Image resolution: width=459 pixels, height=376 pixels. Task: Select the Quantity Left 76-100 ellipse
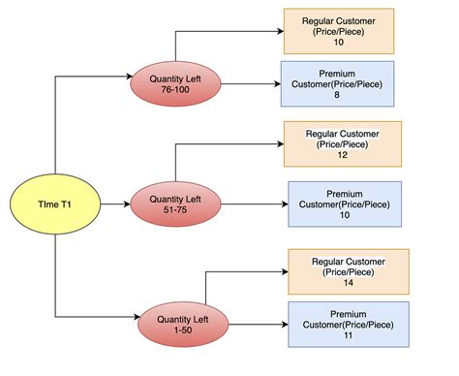pyautogui.click(x=175, y=83)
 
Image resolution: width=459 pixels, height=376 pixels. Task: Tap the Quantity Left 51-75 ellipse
pyautogui.click(x=175, y=204)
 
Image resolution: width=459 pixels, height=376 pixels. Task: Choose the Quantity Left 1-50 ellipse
pyautogui.click(x=182, y=323)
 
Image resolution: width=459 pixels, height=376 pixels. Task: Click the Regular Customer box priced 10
pyautogui.click(x=339, y=31)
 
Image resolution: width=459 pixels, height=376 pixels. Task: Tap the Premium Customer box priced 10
pyautogui.click(x=344, y=204)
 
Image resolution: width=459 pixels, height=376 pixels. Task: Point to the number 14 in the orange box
pyautogui.click(x=349, y=285)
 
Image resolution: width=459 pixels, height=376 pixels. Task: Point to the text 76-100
pyautogui.click(x=175, y=90)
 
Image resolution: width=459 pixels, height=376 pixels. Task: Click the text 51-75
pyautogui.click(x=175, y=211)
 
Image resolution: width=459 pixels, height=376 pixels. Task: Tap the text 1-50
pyautogui.click(x=182, y=329)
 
